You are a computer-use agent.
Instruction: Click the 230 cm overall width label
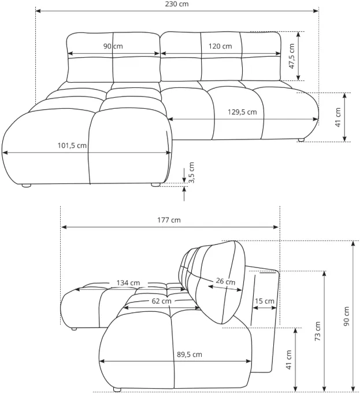click(x=177, y=4)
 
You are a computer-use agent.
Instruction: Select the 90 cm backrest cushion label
click(x=113, y=46)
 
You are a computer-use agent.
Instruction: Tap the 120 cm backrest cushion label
click(x=220, y=46)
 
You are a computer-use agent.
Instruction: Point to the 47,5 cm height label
click(x=291, y=56)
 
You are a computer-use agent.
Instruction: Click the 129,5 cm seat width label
click(x=242, y=112)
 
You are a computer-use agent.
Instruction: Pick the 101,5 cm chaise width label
click(x=72, y=145)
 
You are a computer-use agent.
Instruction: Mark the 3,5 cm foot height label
click(x=191, y=172)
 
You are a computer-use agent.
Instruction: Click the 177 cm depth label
click(x=169, y=220)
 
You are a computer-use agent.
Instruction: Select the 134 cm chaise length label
click(x=128, y=283)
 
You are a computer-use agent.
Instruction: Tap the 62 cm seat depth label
click(x=161, y=301)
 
